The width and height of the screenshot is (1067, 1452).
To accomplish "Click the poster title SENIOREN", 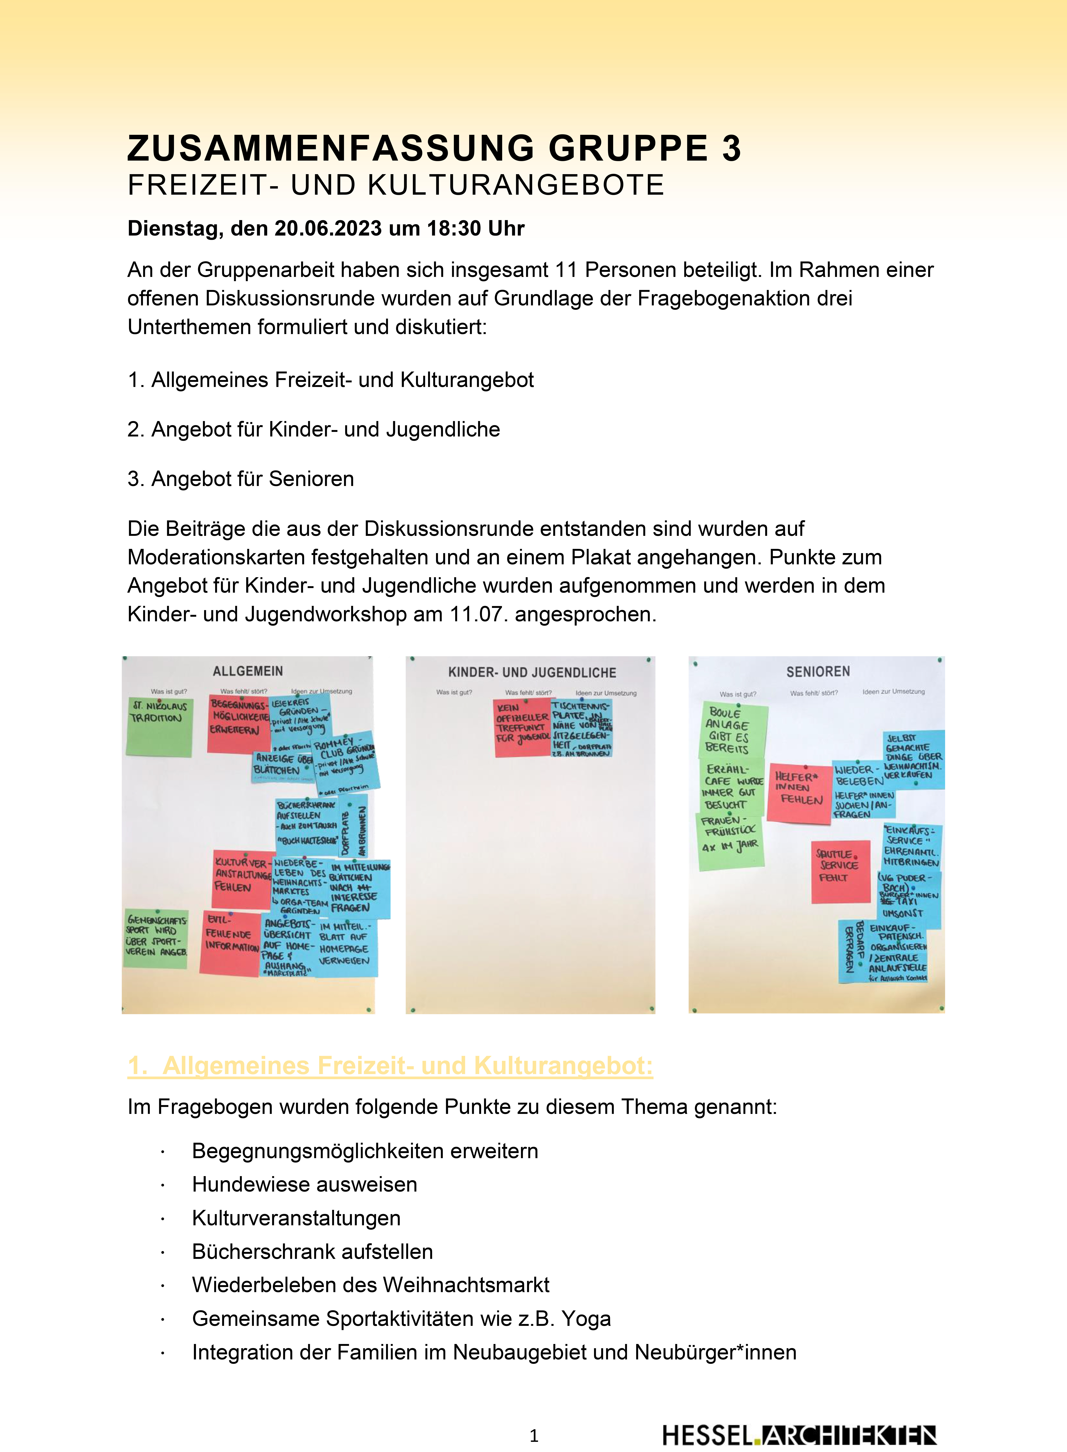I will pyautogui.click(x=818, y=672).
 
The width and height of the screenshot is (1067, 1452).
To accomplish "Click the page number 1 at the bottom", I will pyautogui.click(x=533, y=1435).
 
